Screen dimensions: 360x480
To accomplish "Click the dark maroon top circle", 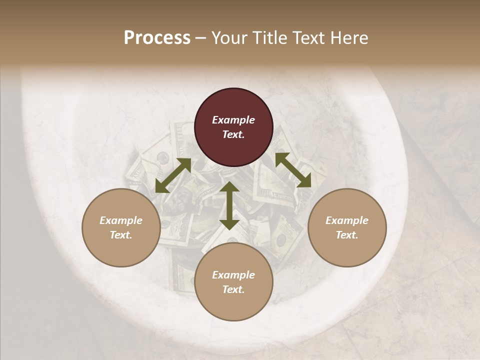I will coord(233,127).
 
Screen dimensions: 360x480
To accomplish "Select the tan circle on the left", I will coord(121,227).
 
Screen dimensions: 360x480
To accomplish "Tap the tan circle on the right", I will coord(347,227).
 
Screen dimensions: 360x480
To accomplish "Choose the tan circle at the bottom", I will coord(233,282).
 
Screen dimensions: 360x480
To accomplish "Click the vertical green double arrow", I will coord(229,205).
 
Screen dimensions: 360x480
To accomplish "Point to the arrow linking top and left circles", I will coord(173,175).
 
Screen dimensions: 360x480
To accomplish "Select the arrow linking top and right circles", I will coord(293,170).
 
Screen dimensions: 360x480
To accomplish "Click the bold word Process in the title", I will coord(157,38).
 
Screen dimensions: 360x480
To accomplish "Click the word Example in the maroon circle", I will coord(233,120).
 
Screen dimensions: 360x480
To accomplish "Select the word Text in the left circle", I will coord(121,235).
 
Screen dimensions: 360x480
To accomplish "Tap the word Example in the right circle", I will coord(347,220).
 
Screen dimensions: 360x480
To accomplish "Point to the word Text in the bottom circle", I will coord(233,289).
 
